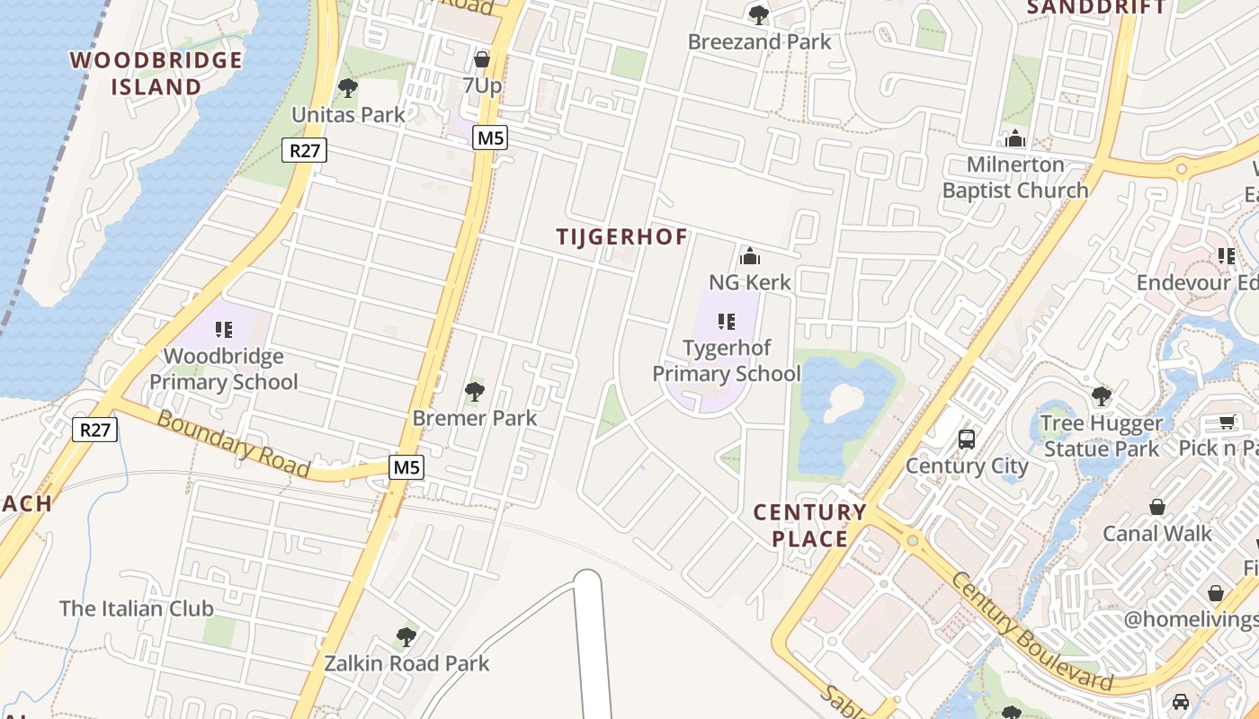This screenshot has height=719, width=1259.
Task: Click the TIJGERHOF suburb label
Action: (621, 237)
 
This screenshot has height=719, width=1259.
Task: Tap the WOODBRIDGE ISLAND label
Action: (156, 74)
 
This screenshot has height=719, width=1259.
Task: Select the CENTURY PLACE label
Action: (809, 526)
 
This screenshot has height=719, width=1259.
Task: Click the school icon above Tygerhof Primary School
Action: (727, 322)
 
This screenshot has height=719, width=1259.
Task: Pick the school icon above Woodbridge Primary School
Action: (224, 330)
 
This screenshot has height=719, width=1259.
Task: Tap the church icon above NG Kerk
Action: (750, 257)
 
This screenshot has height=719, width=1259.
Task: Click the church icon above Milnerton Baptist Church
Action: (1015, 138)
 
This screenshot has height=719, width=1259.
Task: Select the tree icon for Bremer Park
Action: (474, 392)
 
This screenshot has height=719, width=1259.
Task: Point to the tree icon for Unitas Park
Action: (348, 88)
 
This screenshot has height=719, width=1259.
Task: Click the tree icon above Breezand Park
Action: (759, 14)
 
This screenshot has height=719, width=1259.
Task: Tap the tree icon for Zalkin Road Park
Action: (406, 637)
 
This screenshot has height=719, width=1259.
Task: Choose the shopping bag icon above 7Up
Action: (481, 59)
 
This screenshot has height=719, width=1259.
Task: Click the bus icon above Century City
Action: (967, 439)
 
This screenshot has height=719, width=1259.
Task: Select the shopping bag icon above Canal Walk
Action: (1157, 507)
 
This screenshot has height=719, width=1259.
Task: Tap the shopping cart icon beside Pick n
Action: (1227, 422)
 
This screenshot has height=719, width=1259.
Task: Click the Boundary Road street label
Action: (233, 444)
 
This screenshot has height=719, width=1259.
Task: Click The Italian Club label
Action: (137, 608)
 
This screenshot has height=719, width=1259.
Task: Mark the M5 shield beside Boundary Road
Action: (406, 467)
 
